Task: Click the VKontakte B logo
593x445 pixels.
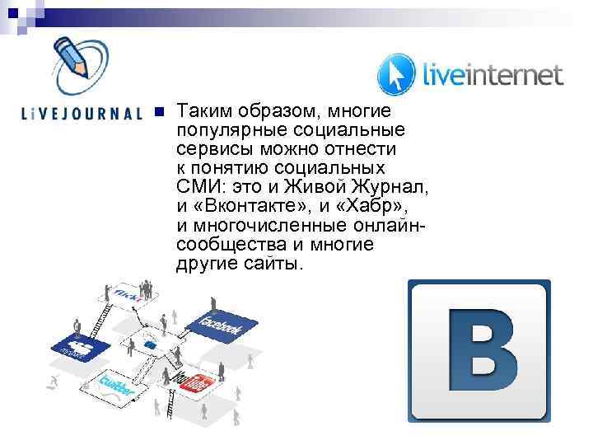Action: [x=479, y=351]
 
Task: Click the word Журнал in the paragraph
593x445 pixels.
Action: [x=389, y=187]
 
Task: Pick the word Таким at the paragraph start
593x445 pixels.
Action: [x=203, y=111]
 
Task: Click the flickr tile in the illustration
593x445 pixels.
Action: [x=130, y=293]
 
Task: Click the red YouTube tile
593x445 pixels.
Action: [x=198, y=382]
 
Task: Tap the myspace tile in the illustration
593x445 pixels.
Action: [x=77, y=347]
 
